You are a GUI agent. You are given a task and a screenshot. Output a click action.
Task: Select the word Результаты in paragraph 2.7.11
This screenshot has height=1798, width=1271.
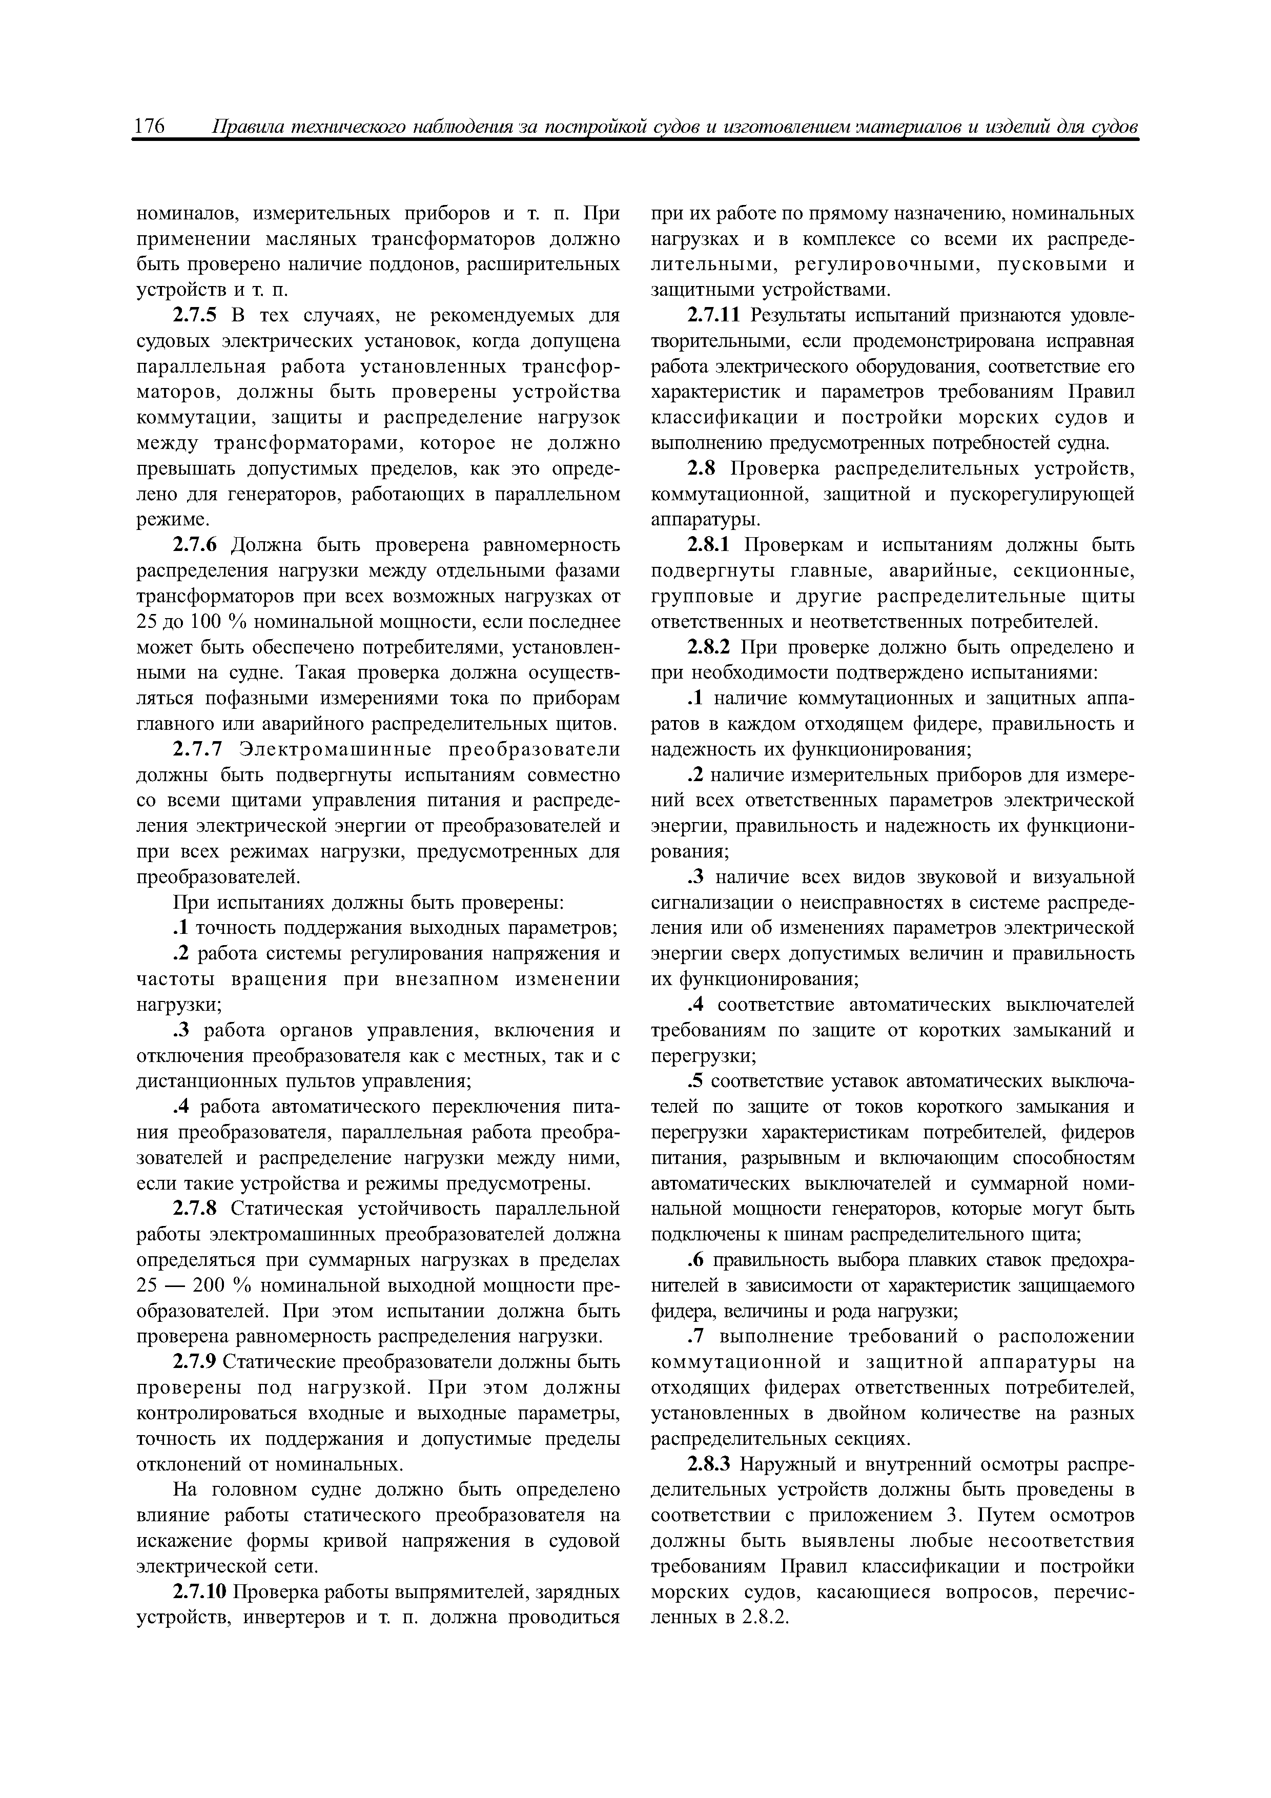pos(791,316)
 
